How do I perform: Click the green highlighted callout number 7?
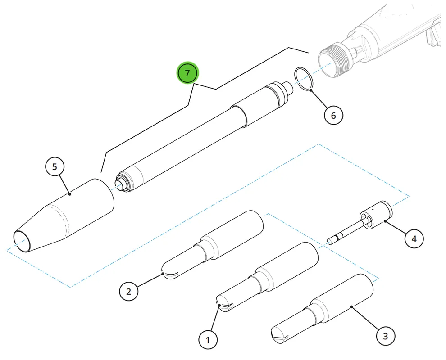[187, 73]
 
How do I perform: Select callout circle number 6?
[333, 115]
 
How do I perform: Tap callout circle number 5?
[55, 167]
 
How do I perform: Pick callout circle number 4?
[414, 238]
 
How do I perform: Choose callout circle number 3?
[386, 336]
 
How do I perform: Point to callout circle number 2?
[128, 291]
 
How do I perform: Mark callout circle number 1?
[208, 340]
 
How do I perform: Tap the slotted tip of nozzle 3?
[279, 335]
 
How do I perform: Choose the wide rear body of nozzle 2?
[233, 234]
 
